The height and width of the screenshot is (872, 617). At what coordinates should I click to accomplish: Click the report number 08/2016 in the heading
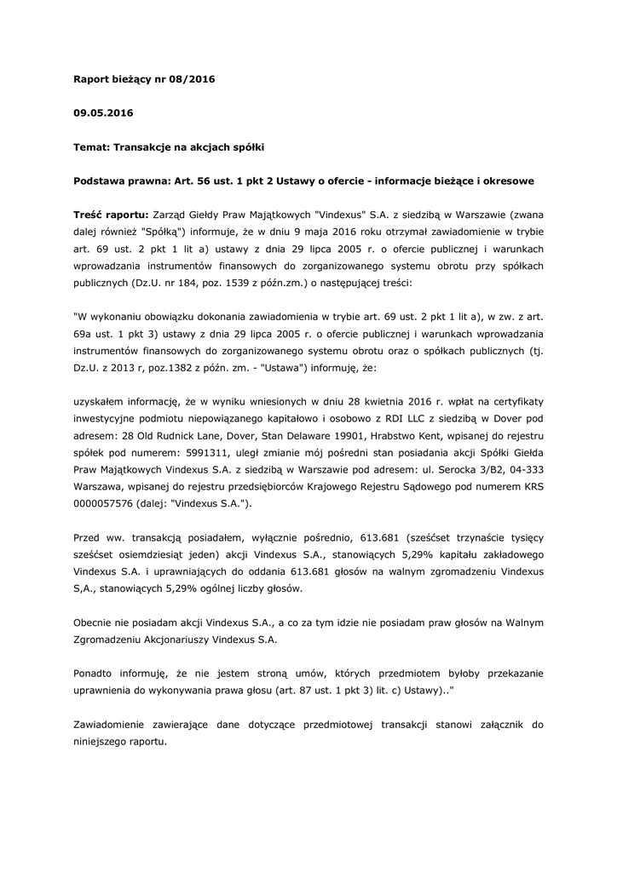(x=191, y=79)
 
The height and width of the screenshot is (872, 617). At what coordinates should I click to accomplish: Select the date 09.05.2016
(x=103, y=112)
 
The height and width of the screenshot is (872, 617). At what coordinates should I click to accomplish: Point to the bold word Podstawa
(x=101, y=181)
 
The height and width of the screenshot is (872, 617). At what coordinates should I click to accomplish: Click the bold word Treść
(x=90, y=215)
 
